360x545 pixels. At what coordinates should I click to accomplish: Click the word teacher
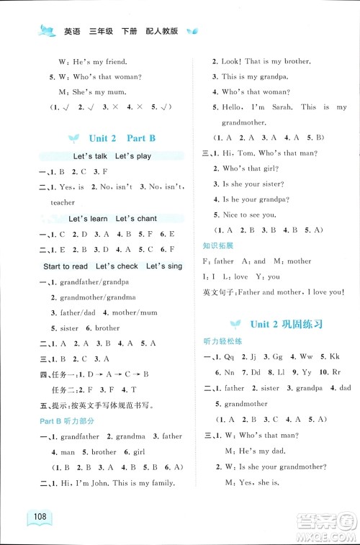coord(63,203)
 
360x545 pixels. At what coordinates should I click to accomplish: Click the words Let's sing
coord(164,266)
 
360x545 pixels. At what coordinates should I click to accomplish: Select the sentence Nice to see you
coord(248,215)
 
